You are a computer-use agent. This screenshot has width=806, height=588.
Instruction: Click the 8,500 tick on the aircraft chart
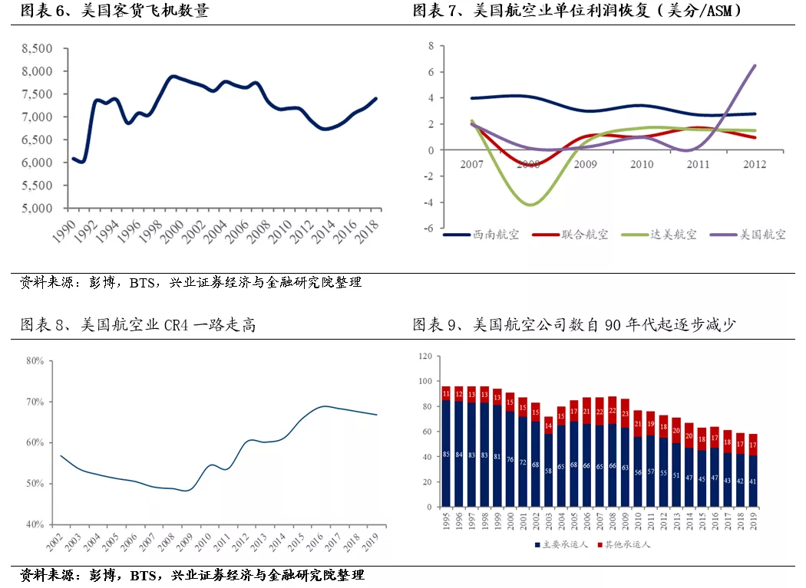[x=37, y=49]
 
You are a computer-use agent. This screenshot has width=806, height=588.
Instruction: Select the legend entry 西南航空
[x=481, y=235]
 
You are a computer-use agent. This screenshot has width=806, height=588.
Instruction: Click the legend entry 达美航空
[x=659, y=235]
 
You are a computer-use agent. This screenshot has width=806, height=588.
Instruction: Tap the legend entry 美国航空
[x=748, y=235]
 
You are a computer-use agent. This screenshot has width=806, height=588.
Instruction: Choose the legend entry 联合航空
[x=570, y=235]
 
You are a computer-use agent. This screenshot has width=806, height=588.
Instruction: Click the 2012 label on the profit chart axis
[x=755, y=164]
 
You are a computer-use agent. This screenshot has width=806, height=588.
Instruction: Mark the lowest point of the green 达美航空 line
[x=530, y=205]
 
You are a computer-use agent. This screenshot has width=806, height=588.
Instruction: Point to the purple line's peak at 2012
[x=755, y=65]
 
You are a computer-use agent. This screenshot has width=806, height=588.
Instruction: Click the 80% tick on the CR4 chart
[x=35, y=361]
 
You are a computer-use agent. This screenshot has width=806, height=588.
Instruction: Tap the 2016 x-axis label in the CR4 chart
[x=314, y=542]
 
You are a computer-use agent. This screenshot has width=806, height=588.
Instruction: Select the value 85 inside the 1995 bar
[x=446, y=455]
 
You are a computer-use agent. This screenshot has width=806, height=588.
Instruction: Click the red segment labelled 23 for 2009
[x=625, y=413]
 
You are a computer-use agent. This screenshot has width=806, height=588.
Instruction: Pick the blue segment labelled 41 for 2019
[x=753, y=481]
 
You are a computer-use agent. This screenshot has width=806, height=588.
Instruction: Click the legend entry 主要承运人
[x=561, y=544]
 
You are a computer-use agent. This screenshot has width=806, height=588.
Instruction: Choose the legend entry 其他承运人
[x=623, y=544]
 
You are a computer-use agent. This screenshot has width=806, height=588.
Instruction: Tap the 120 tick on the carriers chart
[x=425, y=356]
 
